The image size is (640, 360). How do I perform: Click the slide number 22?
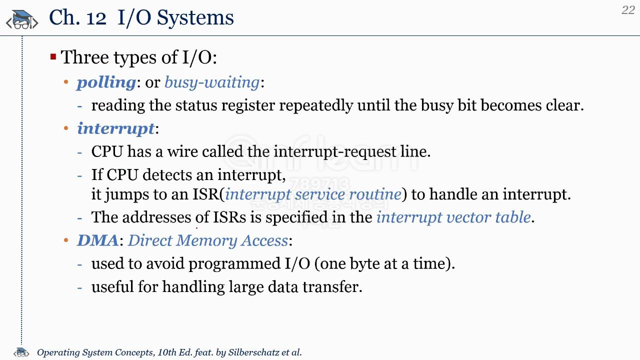tap(628, 10)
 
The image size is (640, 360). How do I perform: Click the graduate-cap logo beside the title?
tap(22, 20)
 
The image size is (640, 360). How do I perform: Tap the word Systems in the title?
tap(195, 18)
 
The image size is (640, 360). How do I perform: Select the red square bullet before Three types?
tap(53, 56)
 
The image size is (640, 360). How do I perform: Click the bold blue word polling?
tap(106, 83)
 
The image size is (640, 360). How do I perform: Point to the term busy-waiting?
tap(212, 83)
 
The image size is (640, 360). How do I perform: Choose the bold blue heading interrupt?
tap(115, 128)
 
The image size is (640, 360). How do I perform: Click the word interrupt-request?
tap(335, 152)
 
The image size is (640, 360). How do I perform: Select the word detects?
tap(167, 174)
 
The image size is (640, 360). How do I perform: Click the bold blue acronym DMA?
tap(97, 240)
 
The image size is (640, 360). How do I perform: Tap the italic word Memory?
tap(206, 241)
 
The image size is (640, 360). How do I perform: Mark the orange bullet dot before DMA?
tap(66, 240)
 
